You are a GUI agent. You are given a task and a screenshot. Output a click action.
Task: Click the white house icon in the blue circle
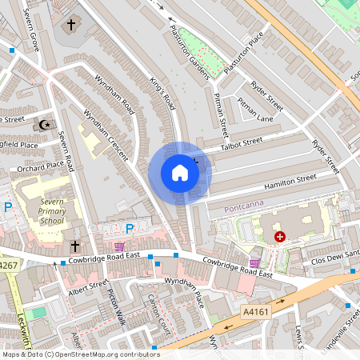coord(180,173)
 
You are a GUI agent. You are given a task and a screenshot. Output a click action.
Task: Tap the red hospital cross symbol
coord(280,237)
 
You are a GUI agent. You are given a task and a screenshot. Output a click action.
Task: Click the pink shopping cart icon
coord(119,246)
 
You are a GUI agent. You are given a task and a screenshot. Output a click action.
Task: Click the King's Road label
coord(162,92)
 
